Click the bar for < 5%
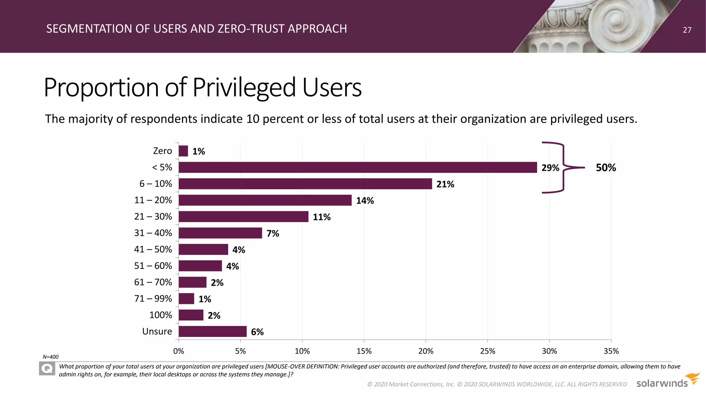click(357, 167)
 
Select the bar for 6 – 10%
click(305, 184)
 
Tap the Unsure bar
click(213, 332)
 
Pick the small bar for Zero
click(183, 151)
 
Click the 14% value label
click(365, 201)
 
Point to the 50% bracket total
click(606, 168)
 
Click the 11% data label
click(321, 217)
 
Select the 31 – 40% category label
click(153, 233)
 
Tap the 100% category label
click(161, 315)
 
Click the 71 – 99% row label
click(153, 298)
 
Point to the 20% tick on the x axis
click(426, 351)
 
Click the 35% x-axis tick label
click(611, 351)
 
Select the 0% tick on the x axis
click(179, 351)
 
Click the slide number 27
click(687, 30)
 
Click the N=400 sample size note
click(51, 357)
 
